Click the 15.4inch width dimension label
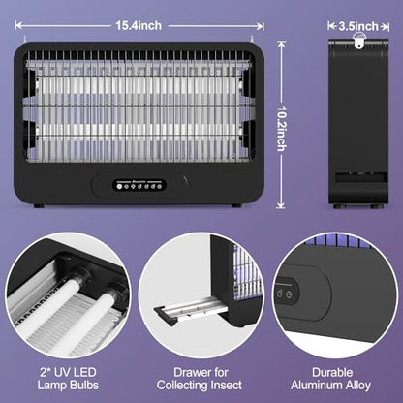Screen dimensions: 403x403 (139, 26)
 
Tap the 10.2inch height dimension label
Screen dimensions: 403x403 (282, 129)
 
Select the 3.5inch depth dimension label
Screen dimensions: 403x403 (358, 26)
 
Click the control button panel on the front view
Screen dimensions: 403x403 (139, 185)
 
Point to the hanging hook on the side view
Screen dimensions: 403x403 (358, 43)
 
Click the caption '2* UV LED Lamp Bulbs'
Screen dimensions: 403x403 (68, 379)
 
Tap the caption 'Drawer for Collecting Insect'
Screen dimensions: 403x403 (200, 379)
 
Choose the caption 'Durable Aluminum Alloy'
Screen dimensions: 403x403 (330, 379)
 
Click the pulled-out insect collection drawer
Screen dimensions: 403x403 (191, 311)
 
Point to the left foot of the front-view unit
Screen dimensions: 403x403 (39, 205)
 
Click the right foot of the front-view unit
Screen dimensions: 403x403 (236, 205)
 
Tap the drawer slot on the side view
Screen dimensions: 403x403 (361, 176)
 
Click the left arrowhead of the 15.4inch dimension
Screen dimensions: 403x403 (18, 26)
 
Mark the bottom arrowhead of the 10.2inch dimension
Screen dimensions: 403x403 (281, 205)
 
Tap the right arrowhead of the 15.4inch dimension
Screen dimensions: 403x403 (261, 26)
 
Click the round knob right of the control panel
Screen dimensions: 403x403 (184, 180)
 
